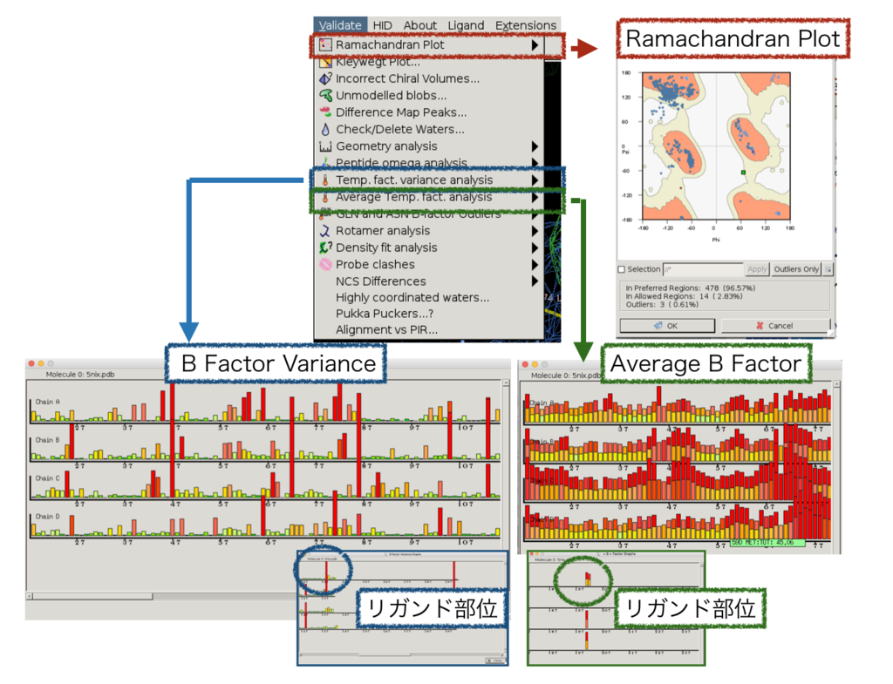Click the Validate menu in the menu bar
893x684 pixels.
(x=339, y=25)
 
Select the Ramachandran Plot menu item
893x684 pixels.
(x=390, y=44)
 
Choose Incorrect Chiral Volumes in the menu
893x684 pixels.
(x=407, y=78)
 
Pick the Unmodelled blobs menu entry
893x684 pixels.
(x=391, y=96)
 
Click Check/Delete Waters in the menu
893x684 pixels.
(x=399, y=130)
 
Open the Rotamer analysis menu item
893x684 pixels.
(x=382, y=231)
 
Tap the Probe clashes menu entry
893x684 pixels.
(x=377, y=264)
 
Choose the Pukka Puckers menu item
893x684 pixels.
(x=385, y=314)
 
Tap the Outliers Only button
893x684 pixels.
(x=795, y=269)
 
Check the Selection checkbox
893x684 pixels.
(x=622, y=269)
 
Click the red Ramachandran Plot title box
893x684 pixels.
(x=733, y=38)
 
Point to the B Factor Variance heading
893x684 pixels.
(x=278, y=363)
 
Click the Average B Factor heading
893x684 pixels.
(x=706, y=363)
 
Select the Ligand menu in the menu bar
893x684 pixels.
(x=467, y=25)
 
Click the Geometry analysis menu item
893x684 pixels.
(x=386, y=146)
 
